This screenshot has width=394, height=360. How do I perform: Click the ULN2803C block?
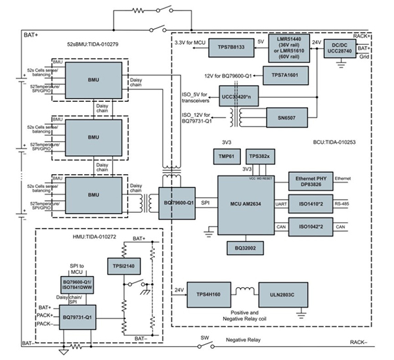296,291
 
